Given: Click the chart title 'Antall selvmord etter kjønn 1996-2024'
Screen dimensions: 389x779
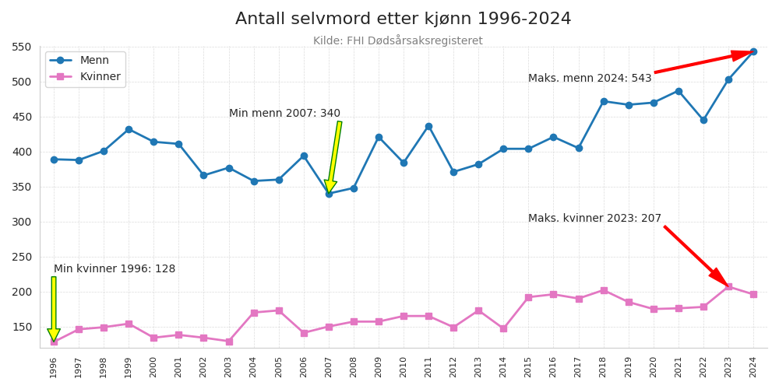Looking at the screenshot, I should click(x=403, y=19).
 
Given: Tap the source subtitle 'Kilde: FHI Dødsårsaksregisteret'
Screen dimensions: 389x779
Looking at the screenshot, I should click(x=397, y=41).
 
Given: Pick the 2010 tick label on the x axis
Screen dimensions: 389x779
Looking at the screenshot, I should click(x=404, y=366).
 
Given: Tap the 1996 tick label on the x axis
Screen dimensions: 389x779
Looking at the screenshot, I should click(x=54, y=366).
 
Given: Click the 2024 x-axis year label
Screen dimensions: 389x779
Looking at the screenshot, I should click(x=753, y=366).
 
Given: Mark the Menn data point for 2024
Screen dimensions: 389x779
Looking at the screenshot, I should click(x=753, y=51).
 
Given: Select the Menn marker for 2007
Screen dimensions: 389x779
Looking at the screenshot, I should click(x=329, y=194).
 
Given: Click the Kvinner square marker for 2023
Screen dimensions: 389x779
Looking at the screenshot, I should click(x=728, y=287).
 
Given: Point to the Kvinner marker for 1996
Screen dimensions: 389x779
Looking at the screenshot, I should click(x=54, y=342).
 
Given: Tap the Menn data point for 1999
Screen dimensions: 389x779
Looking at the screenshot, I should click(x=129, y=129).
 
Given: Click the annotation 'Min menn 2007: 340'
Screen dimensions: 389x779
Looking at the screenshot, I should click(x=284, y=114).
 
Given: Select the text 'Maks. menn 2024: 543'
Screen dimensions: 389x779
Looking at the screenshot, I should click(x=590, y=79).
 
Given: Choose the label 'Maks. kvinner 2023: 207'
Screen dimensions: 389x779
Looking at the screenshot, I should click(x=594, y=219).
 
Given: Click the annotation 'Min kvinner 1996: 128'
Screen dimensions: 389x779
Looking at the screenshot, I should click(x=115, y=269).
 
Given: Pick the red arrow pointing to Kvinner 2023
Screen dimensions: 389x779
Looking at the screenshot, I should click(x=695, y=255).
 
